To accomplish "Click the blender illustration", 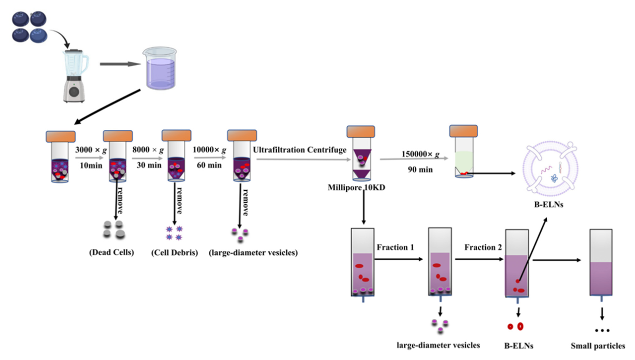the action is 75,76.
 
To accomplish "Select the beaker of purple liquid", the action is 160,68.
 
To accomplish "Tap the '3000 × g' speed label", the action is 91,150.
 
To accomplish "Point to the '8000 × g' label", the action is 148,150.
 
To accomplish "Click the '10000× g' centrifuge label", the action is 209,150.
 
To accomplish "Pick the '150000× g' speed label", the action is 420,154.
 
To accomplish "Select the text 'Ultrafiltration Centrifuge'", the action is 300,150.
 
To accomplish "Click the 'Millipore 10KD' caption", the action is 356,187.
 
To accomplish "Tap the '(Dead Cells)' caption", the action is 112,252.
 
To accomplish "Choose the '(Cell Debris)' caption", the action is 174,252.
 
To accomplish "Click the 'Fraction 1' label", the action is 395,247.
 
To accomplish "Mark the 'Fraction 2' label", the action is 483,247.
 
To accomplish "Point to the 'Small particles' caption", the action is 598,346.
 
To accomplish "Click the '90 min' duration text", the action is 420,170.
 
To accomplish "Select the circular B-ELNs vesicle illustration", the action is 550,169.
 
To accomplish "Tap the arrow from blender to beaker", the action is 120,64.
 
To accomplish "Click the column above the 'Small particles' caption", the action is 601,265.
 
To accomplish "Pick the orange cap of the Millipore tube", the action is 361,132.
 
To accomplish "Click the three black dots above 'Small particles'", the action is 602,330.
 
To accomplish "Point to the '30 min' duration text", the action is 149,165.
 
